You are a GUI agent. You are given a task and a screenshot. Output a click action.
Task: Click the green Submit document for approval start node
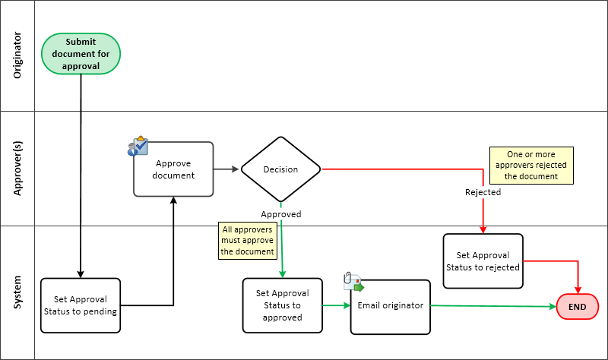(x=81, y=54)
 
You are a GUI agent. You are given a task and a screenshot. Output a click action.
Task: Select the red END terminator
(x=578, y=307)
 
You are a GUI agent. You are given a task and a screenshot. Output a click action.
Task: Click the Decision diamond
(x=280, y=169)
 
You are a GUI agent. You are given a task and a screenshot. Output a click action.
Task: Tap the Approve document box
(x=173, y=169)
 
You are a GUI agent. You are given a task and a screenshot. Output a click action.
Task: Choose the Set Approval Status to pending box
(x=81, y=305)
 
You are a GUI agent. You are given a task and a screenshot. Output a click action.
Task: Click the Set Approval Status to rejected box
(x=483, y=261)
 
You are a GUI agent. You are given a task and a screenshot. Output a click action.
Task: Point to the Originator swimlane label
(x=17, y=55)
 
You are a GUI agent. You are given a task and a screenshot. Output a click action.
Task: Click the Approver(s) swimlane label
(x=17, y=169)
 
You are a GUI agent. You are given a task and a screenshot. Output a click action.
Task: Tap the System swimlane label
(x=17, y=292)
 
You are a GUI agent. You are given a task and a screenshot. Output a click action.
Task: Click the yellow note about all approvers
(x=247, y=240)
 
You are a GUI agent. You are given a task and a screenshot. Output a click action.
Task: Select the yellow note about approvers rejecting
(x=531, y=165)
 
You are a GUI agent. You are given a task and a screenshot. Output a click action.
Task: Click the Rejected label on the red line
(x=483, y=192)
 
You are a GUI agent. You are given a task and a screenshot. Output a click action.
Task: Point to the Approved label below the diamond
(x=281, y=214)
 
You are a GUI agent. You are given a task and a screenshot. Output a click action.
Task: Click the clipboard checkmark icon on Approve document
(x=138, y=147)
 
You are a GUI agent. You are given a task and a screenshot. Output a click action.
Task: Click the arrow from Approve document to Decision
(x=226, y=169)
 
